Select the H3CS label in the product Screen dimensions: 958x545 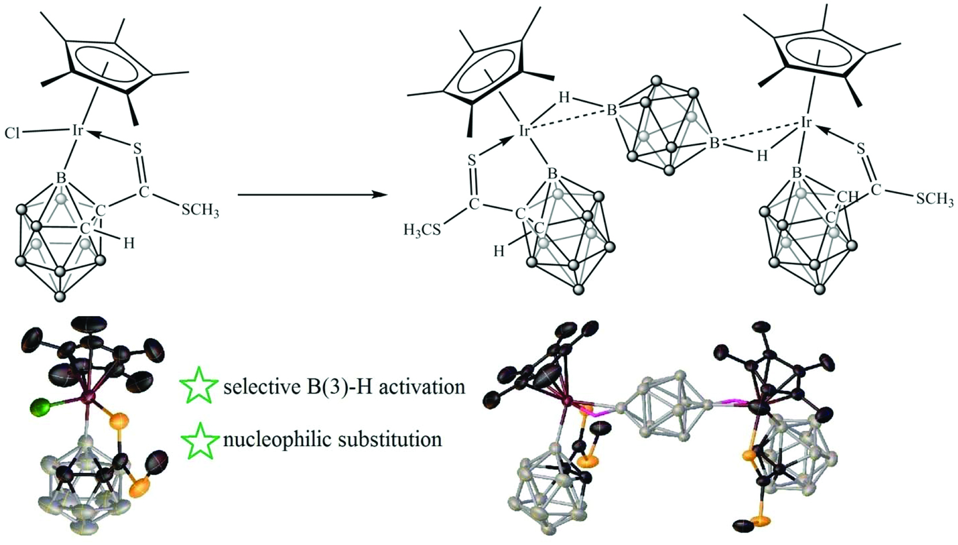[x=422, y=231]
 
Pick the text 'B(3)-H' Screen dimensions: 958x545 [x=329, y=388]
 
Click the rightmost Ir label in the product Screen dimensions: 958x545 [x=807, y=123]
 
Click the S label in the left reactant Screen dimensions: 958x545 [x=137, y=148]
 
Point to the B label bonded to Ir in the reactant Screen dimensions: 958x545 [x=62, y=178]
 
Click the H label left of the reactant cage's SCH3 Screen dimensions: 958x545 [x=129, y=243]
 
